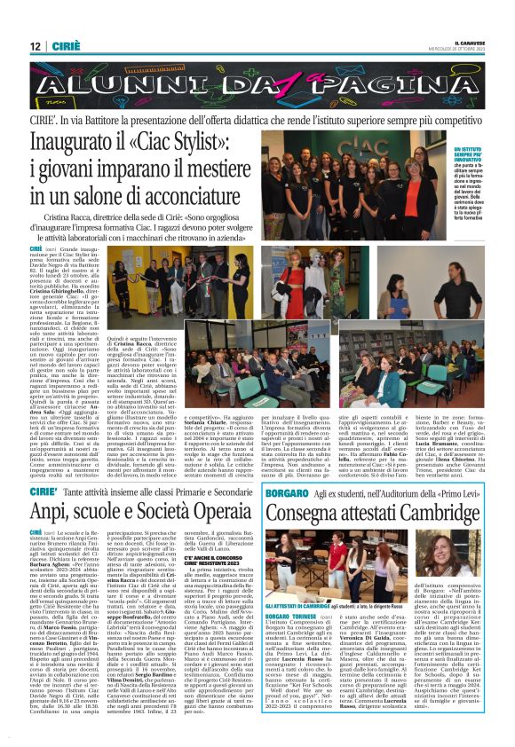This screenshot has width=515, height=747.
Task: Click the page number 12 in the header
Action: (35, 46)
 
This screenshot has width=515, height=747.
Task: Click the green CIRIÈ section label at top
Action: (63, 46)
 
